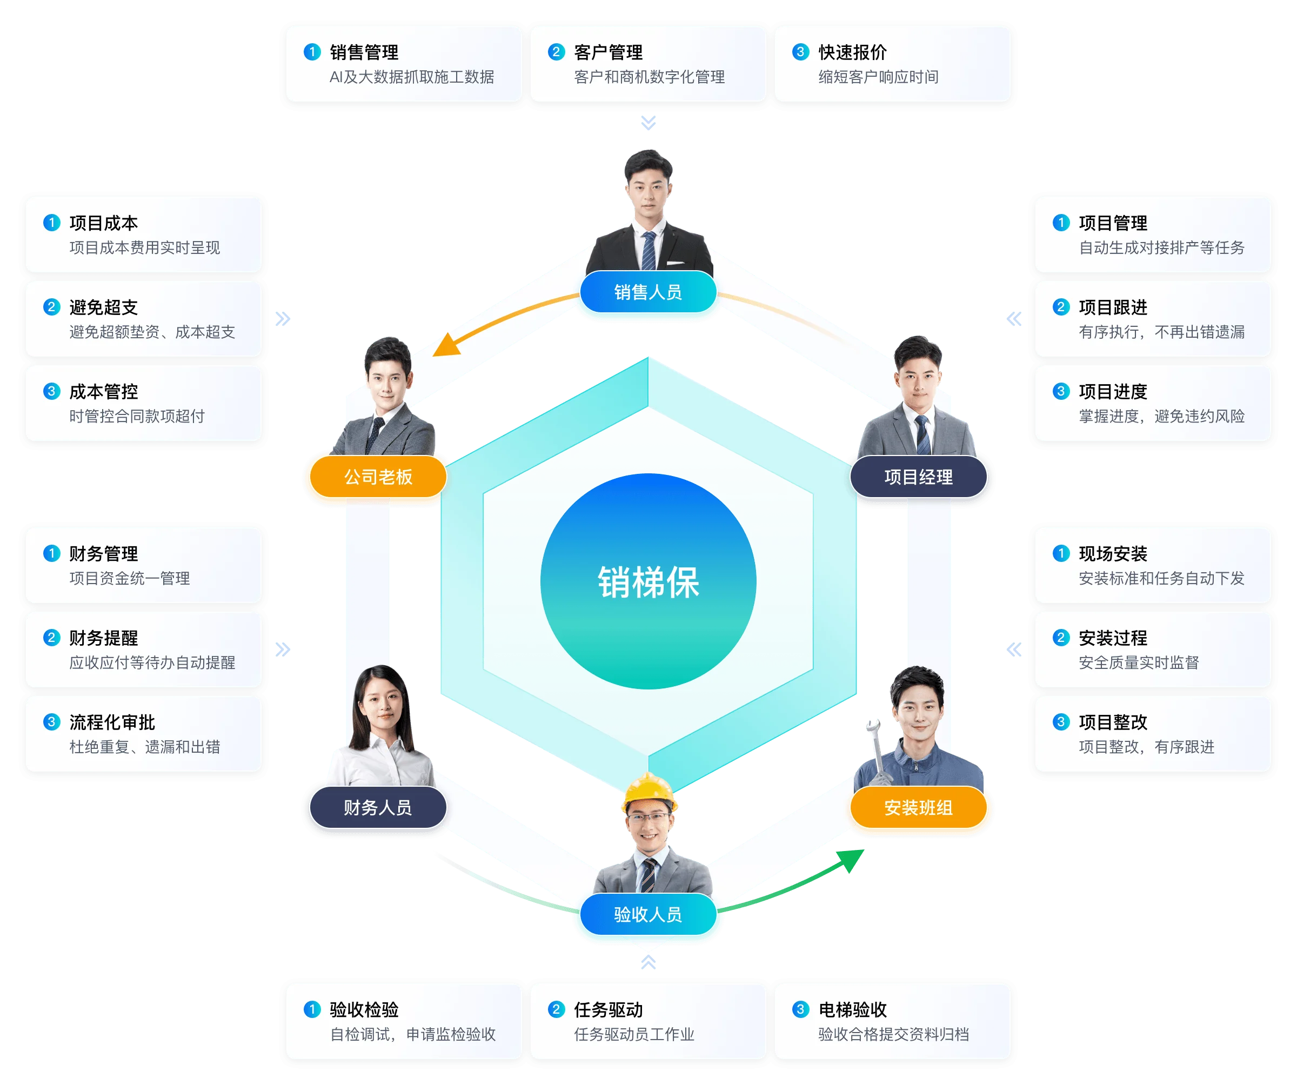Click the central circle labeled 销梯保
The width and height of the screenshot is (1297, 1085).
pyautogui.click(x=648, y=581)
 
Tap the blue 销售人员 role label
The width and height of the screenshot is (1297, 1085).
pyautogui.click(x=648, y=292)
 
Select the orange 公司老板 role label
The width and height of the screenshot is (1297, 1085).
pyautogui.click(x=377, y=477)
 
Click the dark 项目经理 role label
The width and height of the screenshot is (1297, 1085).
pyautogui.click(x=918, y=477)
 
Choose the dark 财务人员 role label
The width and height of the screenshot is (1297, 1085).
pyautogui.click(x=377, y=807)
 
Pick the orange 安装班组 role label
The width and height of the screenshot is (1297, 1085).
pyautogui.click(x=918, y=807)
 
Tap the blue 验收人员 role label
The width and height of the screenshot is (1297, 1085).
pyautogui.click(x=648, y=914)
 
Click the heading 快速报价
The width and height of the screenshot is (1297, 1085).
pyautogui.click(x=852, y=52)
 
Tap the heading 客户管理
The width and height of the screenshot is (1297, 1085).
pyautogui.click(x=609, y=52)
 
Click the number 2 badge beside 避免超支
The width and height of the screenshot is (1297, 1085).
pyautogui.click(x=51, y=307)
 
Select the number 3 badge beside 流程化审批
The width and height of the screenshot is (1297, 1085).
pyautogui.click(x=51, y=721)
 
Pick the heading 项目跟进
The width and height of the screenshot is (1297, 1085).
pyautogui.click(x=1113, y=307)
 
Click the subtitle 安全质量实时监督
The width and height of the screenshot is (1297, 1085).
pyautogui.click(x=1138, y=662)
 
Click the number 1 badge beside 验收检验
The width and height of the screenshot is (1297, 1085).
pyautogui.click(x=312, y=1009)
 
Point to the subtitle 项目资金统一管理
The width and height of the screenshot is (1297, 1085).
pyautogui.click(x=129, y=578)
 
